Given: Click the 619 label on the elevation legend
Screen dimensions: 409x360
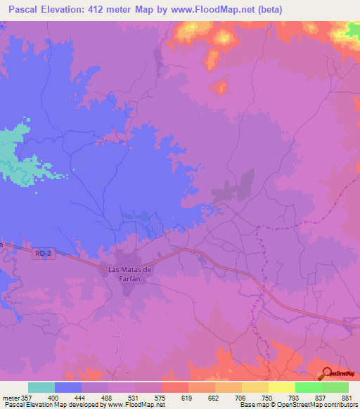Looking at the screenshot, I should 187,398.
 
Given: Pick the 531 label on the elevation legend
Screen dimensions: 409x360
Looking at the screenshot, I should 134,398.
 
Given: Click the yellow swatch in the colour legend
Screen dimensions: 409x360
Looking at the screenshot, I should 281,387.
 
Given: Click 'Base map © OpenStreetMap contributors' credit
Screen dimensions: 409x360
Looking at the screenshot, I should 298,405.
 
